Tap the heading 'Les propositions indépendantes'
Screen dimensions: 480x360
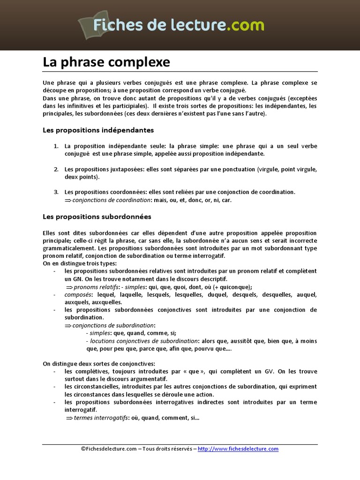pyautogui.click(x=98, y=130)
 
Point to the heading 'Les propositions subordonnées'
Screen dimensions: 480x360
pyautogui.click(x=97, y=217)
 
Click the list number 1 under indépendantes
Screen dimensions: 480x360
pyautogui.click(x=55, y=146)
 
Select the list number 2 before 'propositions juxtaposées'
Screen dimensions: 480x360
pyautogui.click(x=55, y=169)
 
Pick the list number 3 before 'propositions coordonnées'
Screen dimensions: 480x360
pyautogui.click(x=55, y=192)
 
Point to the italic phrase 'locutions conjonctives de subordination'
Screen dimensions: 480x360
pyautogui.click(x=144, y=341)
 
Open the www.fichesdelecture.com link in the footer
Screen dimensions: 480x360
pyautogui.click(x=238, y=449)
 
